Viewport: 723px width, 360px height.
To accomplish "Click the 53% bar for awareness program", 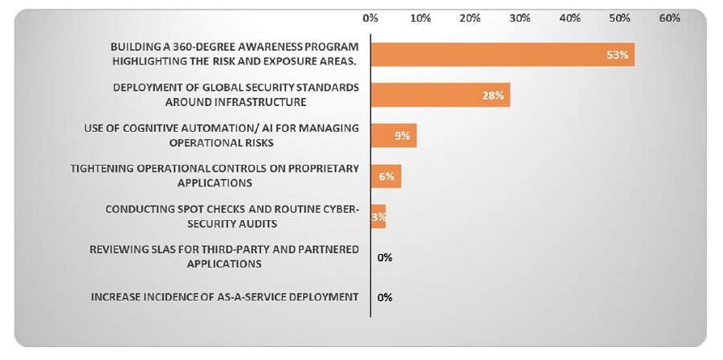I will (x=502, y=55).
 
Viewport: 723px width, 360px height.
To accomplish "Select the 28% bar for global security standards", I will (x=439, y=95).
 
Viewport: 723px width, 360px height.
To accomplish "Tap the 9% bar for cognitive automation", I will (x=393, y=135).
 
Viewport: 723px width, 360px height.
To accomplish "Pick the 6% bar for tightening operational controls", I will (x=386, y=175).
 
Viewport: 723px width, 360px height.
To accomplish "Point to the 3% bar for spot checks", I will (x=378, y=216).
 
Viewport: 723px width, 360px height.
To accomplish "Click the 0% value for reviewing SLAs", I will (x=385, y=257).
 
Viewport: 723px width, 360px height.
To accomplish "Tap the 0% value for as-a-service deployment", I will (x=385, y=297).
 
